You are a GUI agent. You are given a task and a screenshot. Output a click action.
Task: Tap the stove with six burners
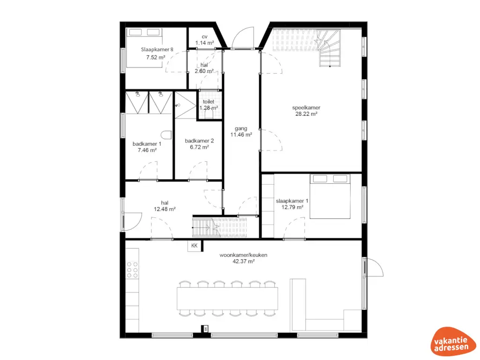tap(132, 270)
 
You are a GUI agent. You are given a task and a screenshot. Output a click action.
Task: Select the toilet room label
tap(209, 101)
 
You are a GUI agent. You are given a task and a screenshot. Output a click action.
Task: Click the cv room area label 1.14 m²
tap(204, 43)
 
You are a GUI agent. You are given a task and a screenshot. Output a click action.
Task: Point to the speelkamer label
tap(306, 107)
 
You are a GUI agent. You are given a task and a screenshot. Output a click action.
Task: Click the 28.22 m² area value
tap(306, 113)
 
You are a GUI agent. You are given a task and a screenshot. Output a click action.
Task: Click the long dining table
tap(227, 298)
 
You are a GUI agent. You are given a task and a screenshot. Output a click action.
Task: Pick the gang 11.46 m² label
tap(241, 131)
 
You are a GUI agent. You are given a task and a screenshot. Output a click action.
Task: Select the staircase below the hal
tap(219, 228)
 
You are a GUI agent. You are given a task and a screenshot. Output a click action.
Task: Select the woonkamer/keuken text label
tap(237, 255)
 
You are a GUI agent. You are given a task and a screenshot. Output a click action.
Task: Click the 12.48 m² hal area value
tap(165, 209)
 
